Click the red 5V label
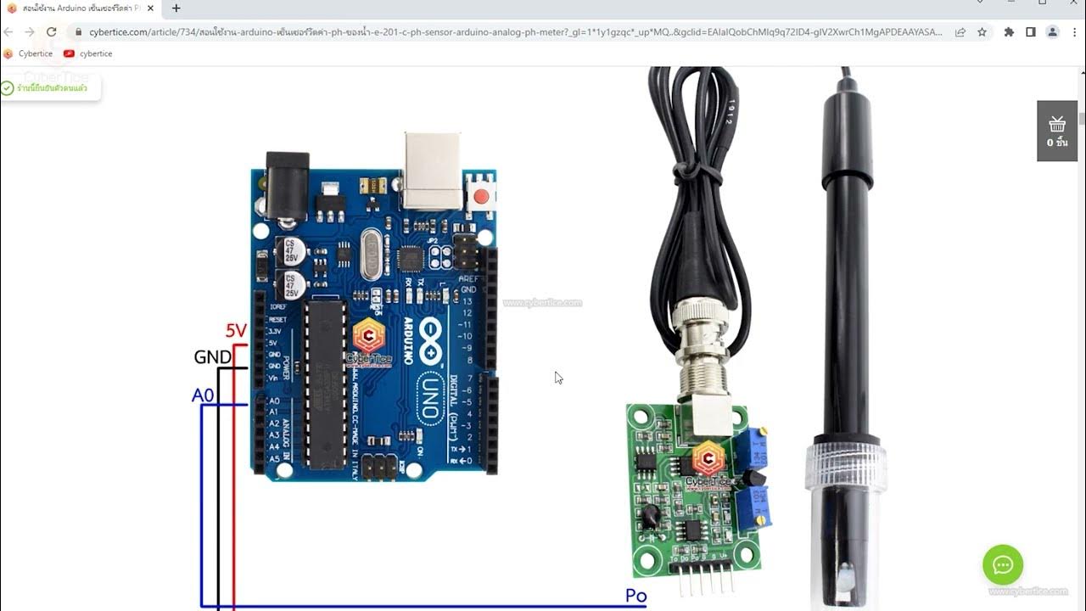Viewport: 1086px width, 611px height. click(x=236, y=331)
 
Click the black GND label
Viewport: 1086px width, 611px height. click(x=212, y=357)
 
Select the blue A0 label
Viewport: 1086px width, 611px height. click(x=203, y=395)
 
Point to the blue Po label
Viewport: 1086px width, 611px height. click(x=635, y=596)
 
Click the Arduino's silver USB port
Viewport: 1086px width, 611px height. click(x=433, y=170)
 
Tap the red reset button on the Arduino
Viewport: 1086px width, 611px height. click(x=482, y=197)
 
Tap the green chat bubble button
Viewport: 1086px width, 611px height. click(x=1003, y=565)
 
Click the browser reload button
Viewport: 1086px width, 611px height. click(x=51, y=32)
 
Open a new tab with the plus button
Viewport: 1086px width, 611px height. click(x=176, y=8)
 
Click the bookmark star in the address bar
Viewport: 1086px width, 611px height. click(x=982, y=32)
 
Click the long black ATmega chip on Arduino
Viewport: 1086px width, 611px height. click(x=325, y=382)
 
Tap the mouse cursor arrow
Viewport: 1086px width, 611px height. click(x=557, y=377)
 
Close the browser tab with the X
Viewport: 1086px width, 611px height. click(x=150, y=8)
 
